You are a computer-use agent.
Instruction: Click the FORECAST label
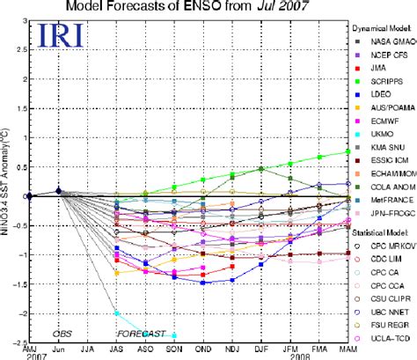(x=143, y=334)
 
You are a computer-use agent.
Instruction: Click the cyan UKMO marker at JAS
(x=117, y=312)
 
